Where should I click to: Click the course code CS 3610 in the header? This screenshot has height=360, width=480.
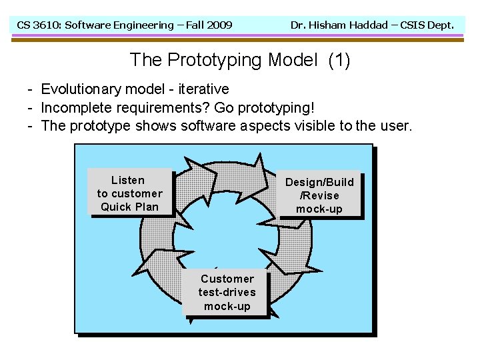(41, 25)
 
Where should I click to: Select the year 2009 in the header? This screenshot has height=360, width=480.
(219, 25)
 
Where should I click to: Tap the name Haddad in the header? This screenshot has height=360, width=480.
(371, 25)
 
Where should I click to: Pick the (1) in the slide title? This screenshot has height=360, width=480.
(339, 60)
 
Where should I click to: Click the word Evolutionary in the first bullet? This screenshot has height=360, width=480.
(79, 89)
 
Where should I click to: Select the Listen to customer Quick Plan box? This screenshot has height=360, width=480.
(129, 193)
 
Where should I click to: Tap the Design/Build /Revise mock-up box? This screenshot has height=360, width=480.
(319, 195)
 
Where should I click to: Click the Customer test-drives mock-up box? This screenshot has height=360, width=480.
(227, 293)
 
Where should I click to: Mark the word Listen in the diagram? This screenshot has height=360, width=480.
(127, 180)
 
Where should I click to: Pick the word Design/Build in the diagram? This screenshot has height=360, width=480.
(319, 182)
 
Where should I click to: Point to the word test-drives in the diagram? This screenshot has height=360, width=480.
(227, 293)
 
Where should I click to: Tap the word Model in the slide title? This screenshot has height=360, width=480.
(292, 60)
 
